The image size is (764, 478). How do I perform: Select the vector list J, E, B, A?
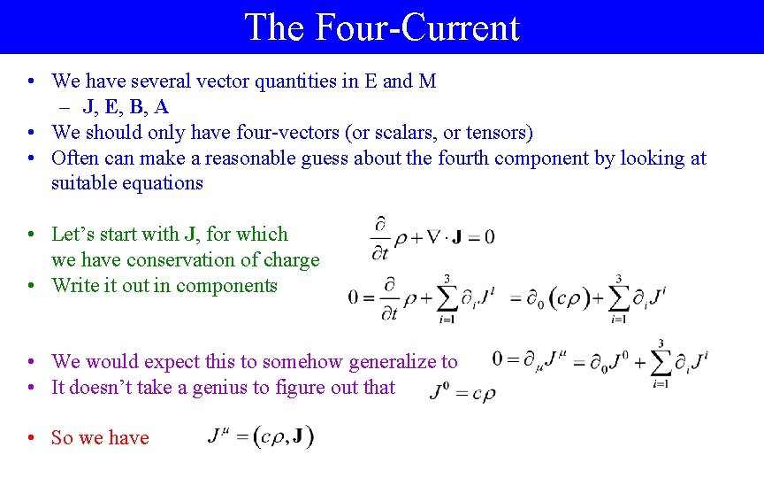pos(126,107)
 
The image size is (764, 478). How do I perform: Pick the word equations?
pos(164,183)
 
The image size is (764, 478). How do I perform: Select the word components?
pos(231,286)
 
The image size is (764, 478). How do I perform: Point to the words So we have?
pos(100,437)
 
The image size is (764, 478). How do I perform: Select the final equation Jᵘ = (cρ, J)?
pos(260,437)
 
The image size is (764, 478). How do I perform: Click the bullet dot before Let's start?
pos(31,235)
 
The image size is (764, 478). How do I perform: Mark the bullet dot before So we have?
pos(31,438)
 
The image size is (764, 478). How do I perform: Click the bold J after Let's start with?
pos(190,235)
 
